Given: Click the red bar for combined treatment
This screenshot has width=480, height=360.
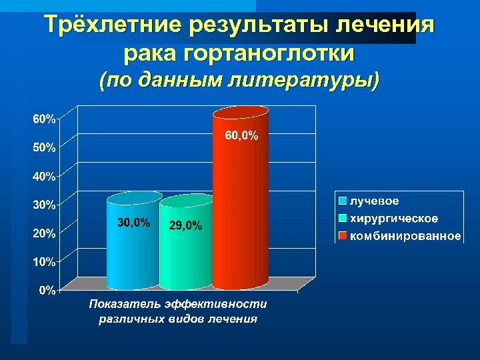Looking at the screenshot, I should click(x=240, y=200).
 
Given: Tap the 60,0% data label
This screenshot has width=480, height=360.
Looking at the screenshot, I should click(x=241, y=136).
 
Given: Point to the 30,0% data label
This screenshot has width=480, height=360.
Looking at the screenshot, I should click(x=133, y=222).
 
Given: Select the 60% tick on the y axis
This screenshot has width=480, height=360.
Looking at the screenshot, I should click(x=45, y=119).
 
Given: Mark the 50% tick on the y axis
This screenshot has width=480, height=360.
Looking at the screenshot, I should click(x=45, y=148).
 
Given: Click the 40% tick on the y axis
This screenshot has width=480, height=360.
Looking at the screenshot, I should click(x=45, y=177).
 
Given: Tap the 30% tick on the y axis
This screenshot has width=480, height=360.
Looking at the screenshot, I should click(x=45, y=205).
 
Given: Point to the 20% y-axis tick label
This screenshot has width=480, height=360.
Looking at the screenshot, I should click(x=45, y=233).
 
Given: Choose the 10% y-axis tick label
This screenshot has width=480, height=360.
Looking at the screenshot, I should click(x=45, y=262).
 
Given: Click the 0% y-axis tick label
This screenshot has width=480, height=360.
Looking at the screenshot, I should click(x=47, y=290).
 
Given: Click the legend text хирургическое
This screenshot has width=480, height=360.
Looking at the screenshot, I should click(x=394, y=219).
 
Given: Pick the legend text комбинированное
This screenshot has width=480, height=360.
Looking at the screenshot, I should click(x=405, y=236).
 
